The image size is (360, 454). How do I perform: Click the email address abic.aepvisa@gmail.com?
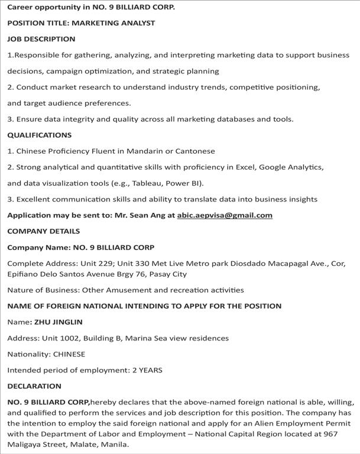pyautogui.click(x=225, y=215)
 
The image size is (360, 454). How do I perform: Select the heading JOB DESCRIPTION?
pyautogui.click(x=41, y=39)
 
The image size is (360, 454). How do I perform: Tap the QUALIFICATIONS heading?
pyautogui.click(x=39, y=135)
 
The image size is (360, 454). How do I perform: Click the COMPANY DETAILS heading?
pyautogui.click(x=43, y=231)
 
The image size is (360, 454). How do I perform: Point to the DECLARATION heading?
pyautogui.click(x=34, y=386)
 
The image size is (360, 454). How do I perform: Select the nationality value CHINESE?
pyautogui.click(x=69, y=354)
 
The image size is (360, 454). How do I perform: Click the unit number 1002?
pyautogui.click(x=52, y=338)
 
